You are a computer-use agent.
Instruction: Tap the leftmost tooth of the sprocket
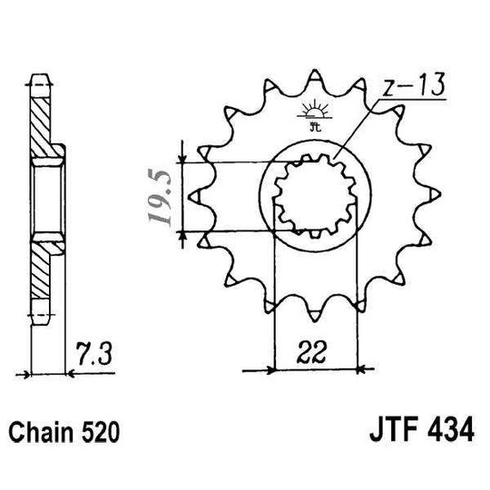click(195, 194)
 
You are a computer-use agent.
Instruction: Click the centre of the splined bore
click(313, 194)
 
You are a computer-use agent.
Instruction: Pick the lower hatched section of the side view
click(44, 272)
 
